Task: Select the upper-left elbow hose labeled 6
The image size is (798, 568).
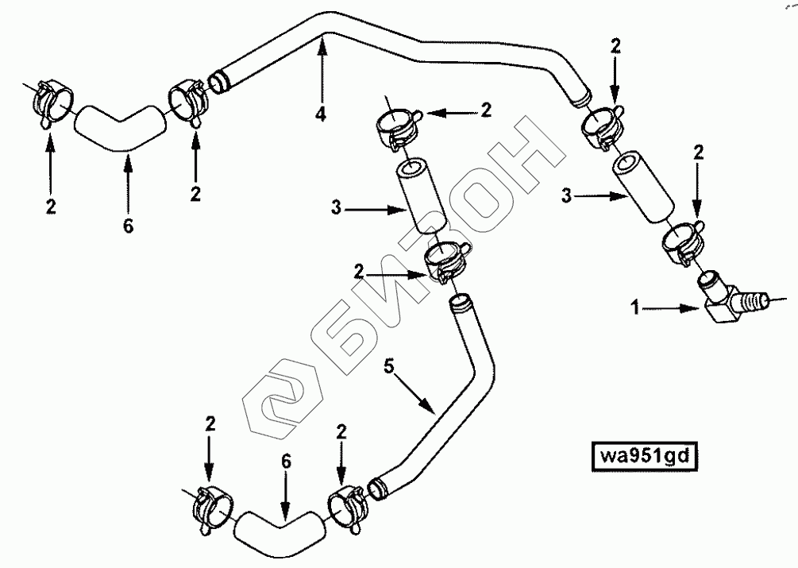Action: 119,127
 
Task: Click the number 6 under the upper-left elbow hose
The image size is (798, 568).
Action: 129,226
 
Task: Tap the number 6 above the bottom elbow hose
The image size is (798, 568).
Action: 286,460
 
